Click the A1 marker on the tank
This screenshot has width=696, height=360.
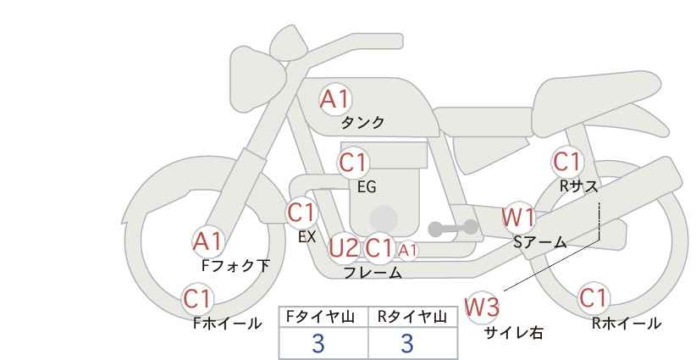pos(335,99)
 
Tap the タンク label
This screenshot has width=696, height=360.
pos(362,123)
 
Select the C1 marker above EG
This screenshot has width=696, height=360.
pos(354,163)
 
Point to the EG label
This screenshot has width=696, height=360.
pos(367,187)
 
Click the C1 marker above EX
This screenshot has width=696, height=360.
pos(301,213)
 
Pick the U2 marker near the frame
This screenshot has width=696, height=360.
pos(344,247)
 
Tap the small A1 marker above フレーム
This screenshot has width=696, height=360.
pos(407,251)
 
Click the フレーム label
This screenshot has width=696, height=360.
pos(373,272)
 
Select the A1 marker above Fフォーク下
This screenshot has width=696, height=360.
pos(207,242)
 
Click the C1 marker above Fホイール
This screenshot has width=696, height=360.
pos(198,299)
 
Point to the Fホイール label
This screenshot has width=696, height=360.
pos(227,324)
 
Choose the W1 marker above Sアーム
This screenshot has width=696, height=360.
pos(518,218)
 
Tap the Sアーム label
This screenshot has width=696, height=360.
pos(539,242)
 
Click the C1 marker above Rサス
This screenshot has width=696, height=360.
pos(567,162)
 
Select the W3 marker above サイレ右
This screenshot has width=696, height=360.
pos(482,307)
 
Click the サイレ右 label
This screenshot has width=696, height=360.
pos(514,332)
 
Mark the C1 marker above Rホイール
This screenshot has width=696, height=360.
pos(594,298)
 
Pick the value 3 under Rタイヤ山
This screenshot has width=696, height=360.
pos(407,343)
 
